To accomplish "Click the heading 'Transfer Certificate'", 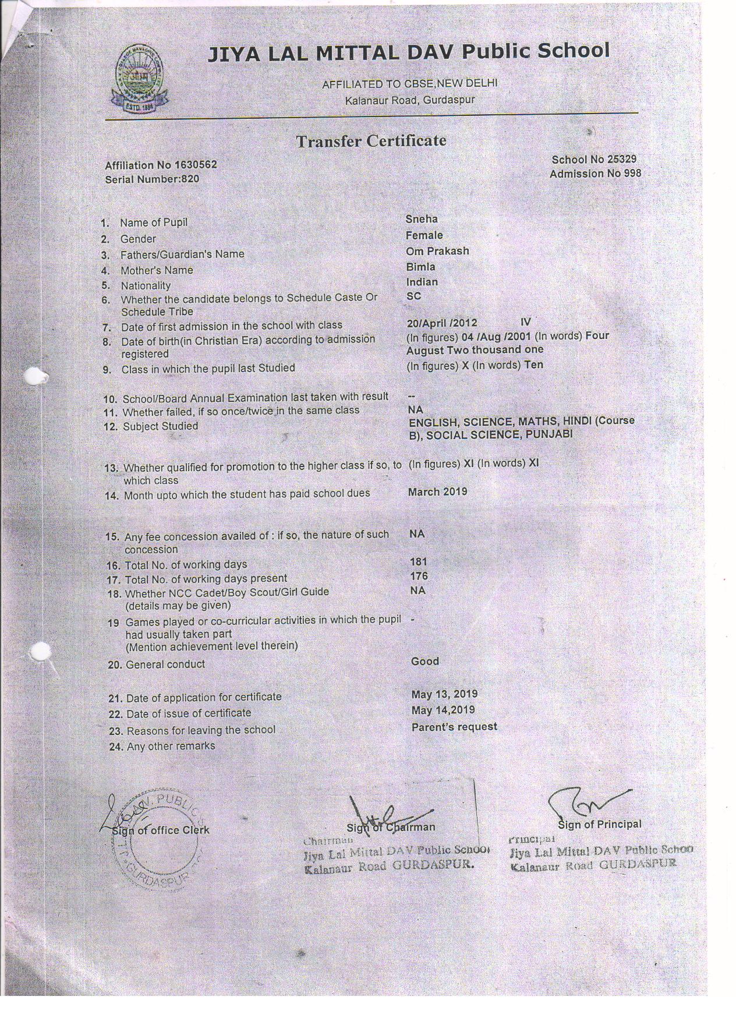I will coord(371,141).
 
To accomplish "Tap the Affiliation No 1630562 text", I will coord(161,165).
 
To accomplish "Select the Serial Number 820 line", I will coord(152,179).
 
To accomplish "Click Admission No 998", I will coord(595,174).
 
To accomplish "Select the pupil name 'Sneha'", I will coord(421,220).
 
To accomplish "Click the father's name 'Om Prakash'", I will coord(437,251).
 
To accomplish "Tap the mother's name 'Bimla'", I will coord(420,267).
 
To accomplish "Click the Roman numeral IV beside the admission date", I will coord(525,322).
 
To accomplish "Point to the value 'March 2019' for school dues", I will coord(437,492).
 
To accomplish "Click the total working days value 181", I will coord(418,561).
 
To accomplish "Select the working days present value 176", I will coord(418,576).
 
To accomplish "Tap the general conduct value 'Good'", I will coord(424,662).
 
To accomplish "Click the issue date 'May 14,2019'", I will coord(443,710).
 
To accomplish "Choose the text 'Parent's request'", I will coord(454,727).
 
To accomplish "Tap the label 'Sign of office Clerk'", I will coord(161,830).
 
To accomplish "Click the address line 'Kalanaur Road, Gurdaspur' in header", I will coord(410,100).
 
